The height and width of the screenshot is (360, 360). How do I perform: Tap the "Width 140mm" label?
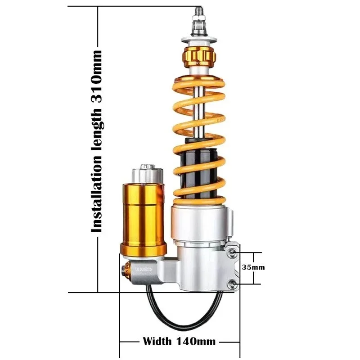click(x=179, y=341)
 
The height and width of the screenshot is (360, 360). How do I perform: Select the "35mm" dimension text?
click(x=254, y=267)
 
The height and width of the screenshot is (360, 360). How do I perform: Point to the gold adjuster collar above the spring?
click(x=198, y=56)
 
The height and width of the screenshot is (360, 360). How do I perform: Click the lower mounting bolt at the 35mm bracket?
click(x=233, y=283)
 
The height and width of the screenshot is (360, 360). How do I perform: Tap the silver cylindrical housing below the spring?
click(x=202, y=225)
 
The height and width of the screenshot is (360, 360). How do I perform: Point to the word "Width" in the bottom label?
click(x=155, y=341)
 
